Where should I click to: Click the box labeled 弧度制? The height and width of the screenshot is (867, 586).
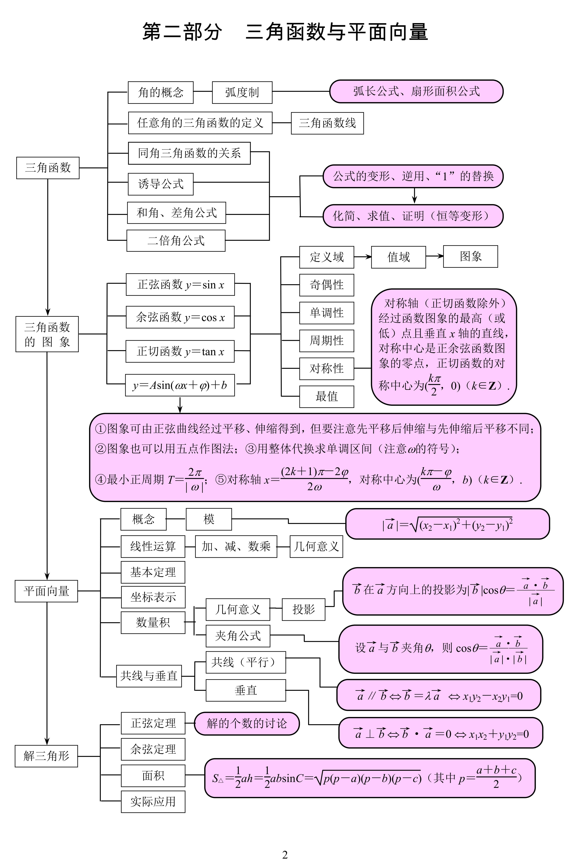pyautogui.click(x=242, y=92)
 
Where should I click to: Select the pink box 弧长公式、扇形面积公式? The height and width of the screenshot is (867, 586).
pyautogui.click(x=416, y=91)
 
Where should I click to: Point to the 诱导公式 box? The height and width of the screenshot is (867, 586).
pyautogui.click(x=161, y=184)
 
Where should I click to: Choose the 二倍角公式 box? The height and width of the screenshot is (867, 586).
pyautogui.click(x=176, y=241)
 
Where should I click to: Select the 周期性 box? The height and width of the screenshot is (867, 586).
pyautogui.click(x=327, y=341)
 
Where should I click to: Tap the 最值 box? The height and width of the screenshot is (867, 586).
pyautogui.click(x=327, y=397)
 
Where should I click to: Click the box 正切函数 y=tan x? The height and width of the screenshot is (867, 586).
pyautogui.click(x=180, y=351)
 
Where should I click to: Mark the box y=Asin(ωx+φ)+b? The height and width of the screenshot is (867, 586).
pyautogui.click(x=180, y=385)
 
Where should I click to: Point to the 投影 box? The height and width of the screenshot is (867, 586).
pyautogui.click(x=304, y=609)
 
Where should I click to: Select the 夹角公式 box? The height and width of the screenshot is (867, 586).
pyautogui.click(x=238, y=636)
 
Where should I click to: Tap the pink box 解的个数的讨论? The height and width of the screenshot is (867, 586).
pyautogui.click(x=247, y=723)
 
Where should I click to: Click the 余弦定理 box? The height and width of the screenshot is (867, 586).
pyautogui.click(x=153, y=749)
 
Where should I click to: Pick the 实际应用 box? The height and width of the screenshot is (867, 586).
pyautogui.click(x=153, y=801)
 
